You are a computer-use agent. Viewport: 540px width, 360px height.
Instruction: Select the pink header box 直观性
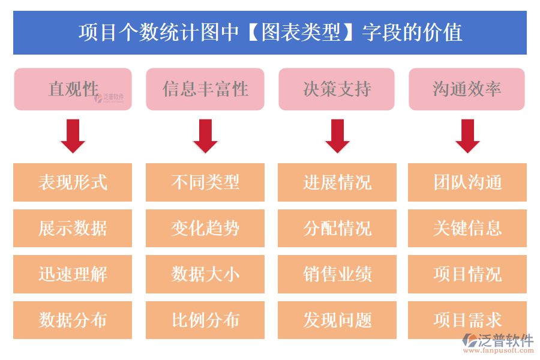tap(73, 89)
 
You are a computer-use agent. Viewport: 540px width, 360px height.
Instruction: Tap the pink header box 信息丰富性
tap(205, 89)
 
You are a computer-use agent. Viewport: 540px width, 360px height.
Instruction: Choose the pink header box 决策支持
tap(337, 89)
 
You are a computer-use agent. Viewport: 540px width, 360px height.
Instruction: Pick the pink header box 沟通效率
tap(467, 89)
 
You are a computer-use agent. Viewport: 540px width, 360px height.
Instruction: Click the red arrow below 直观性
tap(73, 136)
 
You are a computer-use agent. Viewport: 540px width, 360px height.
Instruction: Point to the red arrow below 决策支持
tap(337, 136)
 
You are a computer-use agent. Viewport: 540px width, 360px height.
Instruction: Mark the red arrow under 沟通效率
tap(467, 136)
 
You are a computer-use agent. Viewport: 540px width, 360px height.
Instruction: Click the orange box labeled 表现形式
tap(73, 182)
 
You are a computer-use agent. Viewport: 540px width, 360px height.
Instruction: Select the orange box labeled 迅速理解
tap(73, 274)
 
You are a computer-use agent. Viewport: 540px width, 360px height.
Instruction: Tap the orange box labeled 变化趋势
tap(205, 228)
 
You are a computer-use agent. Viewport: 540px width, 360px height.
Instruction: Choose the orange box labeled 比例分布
tap(205, 320)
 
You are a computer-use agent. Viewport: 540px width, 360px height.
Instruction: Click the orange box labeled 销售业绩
tap(337, 274)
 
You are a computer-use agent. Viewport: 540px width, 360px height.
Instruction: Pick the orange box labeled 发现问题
tap(337, 320)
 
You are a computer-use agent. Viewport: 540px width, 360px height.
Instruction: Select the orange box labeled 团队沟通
tap(467, 182)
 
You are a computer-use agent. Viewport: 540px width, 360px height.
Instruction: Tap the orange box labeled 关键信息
tap(467, 228)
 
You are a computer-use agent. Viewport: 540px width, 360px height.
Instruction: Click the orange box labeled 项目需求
tap(467, 320)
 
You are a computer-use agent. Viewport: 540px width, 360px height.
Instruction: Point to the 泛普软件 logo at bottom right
tap(497, 343)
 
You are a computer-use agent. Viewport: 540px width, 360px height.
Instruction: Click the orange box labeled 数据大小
tap(205, 274)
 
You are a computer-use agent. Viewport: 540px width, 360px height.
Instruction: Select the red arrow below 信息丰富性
tap(205, 136)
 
